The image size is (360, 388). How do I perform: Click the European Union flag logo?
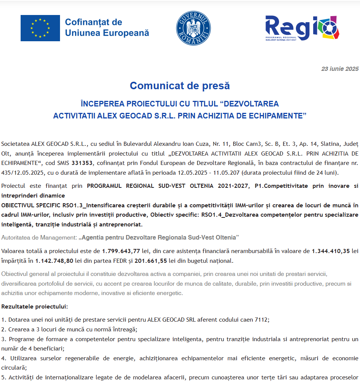[x=40, y=28]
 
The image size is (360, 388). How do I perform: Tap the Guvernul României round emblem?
[x=193, y=28]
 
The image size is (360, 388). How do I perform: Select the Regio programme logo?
[x=302, y=28]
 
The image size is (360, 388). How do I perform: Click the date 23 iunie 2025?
[x=340, y=69]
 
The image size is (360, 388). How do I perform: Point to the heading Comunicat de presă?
[x=180, y=86]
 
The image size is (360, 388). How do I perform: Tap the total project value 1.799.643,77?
[x=121, y=251]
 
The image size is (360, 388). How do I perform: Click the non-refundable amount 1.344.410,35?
[x=330, y=251]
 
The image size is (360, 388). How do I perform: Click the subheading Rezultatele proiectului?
[x=34, y=307]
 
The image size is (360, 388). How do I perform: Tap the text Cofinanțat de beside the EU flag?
[x=93, y=22]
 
